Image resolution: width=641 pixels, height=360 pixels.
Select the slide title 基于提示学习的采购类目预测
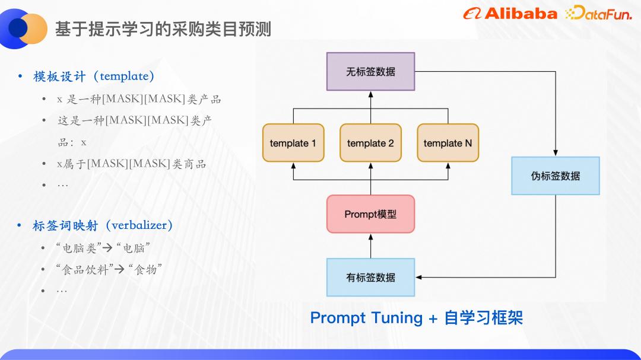pos(163,29)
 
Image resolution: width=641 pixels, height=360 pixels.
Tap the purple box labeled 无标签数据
pos(370,72)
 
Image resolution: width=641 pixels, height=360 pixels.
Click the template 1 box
pos(293,143)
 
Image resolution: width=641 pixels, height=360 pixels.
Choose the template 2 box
pos(370,143)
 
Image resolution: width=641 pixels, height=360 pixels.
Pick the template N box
pos(448,143)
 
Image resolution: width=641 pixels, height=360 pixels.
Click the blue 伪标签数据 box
pos(556,176)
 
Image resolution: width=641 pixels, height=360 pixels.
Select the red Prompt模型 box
pos(370,214)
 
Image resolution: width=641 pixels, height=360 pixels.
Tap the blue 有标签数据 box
pos(370,278)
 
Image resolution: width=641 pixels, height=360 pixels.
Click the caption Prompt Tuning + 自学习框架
pos(416,318)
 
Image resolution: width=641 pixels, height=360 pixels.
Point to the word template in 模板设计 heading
pos(124,76)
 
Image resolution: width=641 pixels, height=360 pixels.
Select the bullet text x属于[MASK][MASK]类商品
pos(131,164)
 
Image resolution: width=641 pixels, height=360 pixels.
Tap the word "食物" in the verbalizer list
pos(145,270)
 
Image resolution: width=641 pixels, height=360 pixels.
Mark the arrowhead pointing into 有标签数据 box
pos(419,278)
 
